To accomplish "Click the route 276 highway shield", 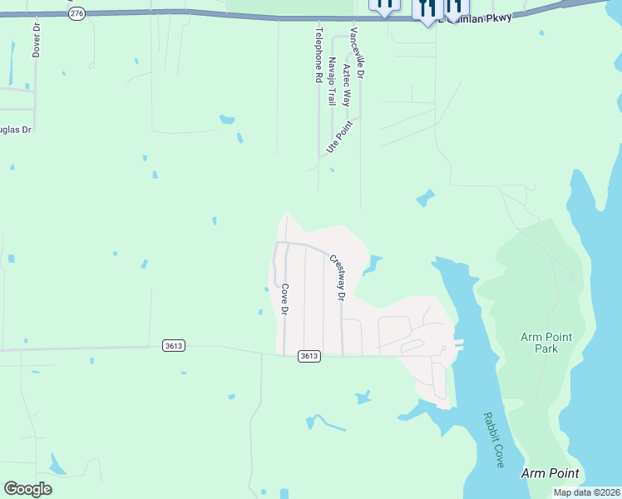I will pos(77,14).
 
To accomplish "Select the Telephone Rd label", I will pos(318,54).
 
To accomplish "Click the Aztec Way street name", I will pos(346,84).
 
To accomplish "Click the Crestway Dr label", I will pos(338,277).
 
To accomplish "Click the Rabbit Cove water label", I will pos(493,440).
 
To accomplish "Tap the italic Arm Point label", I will pos(550,473).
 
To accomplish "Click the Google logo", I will pos(28,489).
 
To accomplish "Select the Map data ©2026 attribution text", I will pos(587,492).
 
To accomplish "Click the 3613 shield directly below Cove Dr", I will pos(309,356).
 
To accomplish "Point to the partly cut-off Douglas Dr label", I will pos(15,130).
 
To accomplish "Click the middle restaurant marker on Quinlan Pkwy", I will pos(427,9).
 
